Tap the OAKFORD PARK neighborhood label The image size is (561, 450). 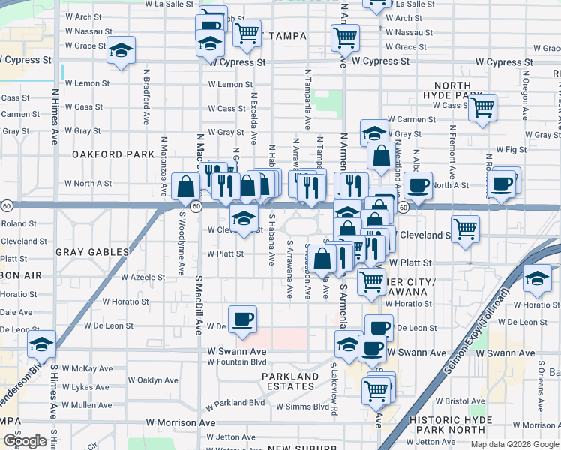point(102,154)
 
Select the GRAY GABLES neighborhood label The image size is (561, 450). point(88,253)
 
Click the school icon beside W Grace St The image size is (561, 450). point(121,49)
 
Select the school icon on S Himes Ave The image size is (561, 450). point(42,344)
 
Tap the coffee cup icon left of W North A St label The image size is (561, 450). point(418,184)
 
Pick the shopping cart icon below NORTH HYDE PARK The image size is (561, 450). point(482,106)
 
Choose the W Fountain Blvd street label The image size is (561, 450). point(237,362)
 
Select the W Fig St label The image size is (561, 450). point(511,150)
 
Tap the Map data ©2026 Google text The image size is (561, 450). point(514,444)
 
